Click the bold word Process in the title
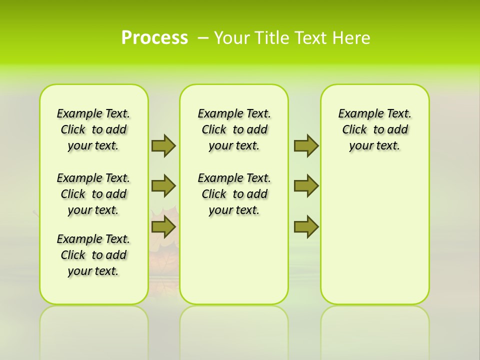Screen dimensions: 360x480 (x=154, y=38)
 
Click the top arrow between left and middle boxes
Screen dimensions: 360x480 (x=163, y=145)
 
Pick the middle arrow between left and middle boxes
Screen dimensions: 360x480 (x=163, y=186)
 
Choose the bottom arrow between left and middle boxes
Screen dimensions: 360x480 (x=163, y=227)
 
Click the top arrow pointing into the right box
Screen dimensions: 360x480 (x=306, y=145)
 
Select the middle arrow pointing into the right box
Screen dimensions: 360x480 (x=306, y=186)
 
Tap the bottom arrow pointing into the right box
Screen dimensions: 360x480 (x=306, y=227)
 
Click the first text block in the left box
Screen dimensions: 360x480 (x=93, y=129)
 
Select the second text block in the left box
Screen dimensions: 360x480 (x=93, y=194)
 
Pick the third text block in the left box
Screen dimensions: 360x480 (x=93, y=255)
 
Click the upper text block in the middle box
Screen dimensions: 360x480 (x=234, y=129)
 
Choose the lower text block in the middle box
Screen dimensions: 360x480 (x=234, y=194)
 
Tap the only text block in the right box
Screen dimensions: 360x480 (x=374, y=129)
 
